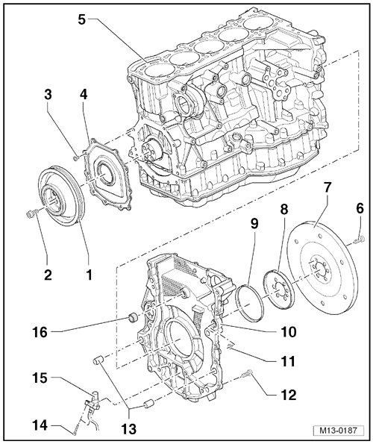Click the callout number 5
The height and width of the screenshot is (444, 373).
pos(81,20)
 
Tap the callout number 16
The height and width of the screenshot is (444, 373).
pos(40,332)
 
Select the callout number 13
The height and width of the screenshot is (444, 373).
pos(129,429)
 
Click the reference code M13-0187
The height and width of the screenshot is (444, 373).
pos(338,431)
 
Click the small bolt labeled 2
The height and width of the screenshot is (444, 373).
pos(30,213)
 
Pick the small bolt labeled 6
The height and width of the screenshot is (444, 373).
pos(359,240)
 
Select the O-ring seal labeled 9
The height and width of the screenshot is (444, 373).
pos(249,303)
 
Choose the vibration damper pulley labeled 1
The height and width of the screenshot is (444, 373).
pos(61,196)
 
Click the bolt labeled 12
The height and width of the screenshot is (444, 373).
pos(247,374)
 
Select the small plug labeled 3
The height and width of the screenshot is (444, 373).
pos(76,157)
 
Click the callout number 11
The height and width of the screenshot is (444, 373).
pos(287,361)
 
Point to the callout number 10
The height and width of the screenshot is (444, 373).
pos(289,331)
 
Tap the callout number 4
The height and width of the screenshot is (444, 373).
pos(84,95)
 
